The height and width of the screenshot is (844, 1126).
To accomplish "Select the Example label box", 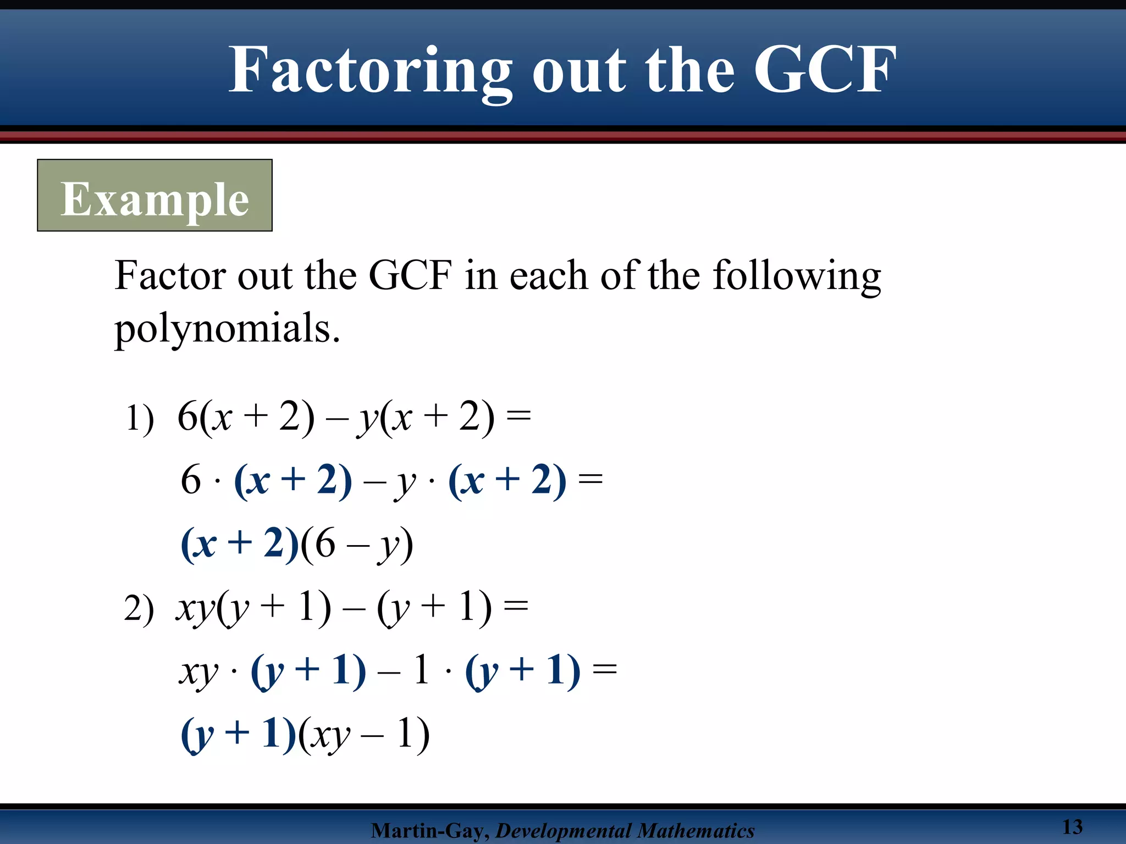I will pyautogui.click(x=154, y=196).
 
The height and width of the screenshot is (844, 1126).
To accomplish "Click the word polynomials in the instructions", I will pyautogui.click(x=227, y=328).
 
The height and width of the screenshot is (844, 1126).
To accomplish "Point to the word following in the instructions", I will pyautogui.click(x=797, y=276).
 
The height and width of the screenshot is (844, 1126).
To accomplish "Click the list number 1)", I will pyautogui.click(x=140, y=419).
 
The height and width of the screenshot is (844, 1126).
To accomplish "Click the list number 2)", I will pyautogui.click(x=139, y=609).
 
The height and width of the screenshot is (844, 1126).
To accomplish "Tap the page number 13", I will pyautogui.click(x=1072, y=826).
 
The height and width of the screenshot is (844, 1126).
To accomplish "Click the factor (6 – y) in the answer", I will pyautogui.click(x=356, y=544).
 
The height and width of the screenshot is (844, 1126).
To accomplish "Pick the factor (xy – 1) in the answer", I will pyautogui.click(x=363, y=734).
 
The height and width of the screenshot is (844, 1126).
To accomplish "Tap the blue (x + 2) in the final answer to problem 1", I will pyautogui.click(x=240, y=544).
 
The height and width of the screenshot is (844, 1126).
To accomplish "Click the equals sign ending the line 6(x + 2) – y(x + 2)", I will pyautogui.click(x=518, y=416).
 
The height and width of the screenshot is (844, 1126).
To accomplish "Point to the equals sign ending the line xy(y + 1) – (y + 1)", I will pyautogui.click(x=516, y=607).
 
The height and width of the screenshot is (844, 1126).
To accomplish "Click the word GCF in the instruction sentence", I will pyautogui.click(x=410, y=276).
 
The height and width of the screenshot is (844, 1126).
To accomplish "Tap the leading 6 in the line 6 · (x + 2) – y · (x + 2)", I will pyautogui.click(x=191, y=480).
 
